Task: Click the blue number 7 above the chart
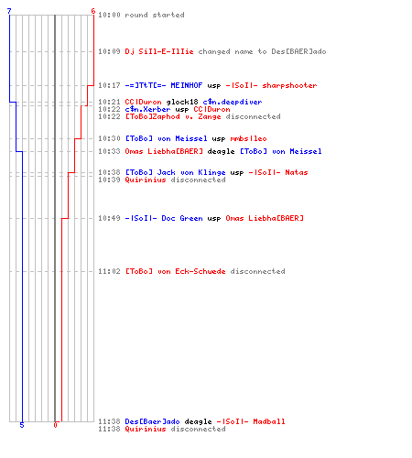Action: coord(9,11)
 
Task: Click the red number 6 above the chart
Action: coord(93,11)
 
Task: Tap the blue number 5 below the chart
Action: coord(22,425)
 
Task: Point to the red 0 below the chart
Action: coord(55,425)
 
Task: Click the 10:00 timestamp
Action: coord(109,15)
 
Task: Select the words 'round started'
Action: coord(155,15)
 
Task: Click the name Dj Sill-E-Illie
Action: coord(159,51)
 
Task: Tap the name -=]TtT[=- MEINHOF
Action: coord(164,85)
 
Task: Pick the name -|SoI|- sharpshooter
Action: coord(271,85)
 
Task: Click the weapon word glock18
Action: coord(182,102)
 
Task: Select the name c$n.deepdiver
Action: coord(233,102)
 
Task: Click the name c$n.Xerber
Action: coord(147,109)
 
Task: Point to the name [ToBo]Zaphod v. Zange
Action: coord(173,116)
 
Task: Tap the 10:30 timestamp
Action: coord(109,138)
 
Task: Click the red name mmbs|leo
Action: coord(248,138)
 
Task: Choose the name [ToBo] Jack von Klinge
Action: coord(176,172)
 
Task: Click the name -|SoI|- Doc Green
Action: coord(164,218)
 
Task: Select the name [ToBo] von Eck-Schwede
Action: coord(176,271)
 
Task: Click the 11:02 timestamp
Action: coord(109,271)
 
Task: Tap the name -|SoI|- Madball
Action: coord(251,421)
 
